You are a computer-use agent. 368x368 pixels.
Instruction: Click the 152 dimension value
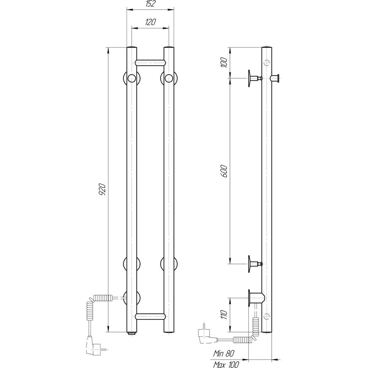pyautogui.click(x=150, y=4)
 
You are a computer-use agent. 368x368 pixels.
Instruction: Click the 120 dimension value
pyautogui.click(x=150, y=22)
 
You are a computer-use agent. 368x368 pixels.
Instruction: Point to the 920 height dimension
pyautogui.click(x=102, y=190)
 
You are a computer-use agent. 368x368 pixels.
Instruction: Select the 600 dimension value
pyautogui.click(x=224, y=171)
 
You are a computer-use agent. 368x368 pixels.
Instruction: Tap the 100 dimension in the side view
pyautogui.click(x=224, y=62)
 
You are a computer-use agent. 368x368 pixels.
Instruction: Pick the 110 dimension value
pyautogui.click(x=224, y=315)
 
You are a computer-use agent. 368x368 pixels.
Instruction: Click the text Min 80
pyautogui.click(x=223, y=353)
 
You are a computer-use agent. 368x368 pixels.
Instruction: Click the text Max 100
pyautogui.click(x=226, y=364)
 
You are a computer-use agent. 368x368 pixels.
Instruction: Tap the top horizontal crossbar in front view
pyautogui.click(x=150, y=62)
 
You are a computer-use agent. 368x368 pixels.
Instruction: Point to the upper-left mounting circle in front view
pyautogui.click(x=131, y=78)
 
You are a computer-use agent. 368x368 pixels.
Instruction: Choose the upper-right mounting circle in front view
pyautogui.click(x=169, y=78)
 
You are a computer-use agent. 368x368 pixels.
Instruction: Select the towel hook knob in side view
pyautogui.click(x=275, y=78)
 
